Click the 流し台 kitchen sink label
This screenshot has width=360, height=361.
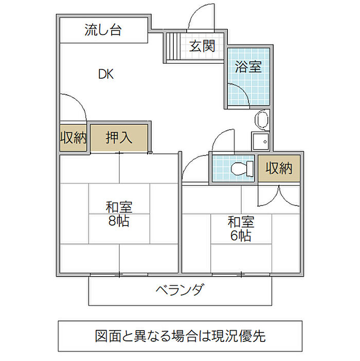coord(103,30)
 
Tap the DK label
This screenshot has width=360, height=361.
coord(106,74)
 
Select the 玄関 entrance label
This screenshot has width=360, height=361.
coord(202,46)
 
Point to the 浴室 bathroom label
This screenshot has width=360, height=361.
coord(248,67)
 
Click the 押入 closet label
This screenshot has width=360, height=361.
coord(119,137)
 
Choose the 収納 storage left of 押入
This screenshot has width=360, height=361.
coord(74,137)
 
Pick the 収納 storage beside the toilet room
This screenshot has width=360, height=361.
coord(279,168)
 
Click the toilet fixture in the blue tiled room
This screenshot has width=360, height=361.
coord(242,168)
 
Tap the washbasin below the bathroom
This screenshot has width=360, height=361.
coord(262,119)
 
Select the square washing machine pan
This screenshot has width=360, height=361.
coord(260,141)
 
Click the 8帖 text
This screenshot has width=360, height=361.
coord(119,221)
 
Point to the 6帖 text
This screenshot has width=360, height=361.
coord(241,235)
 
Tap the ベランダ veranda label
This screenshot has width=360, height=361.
coord(180,290)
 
